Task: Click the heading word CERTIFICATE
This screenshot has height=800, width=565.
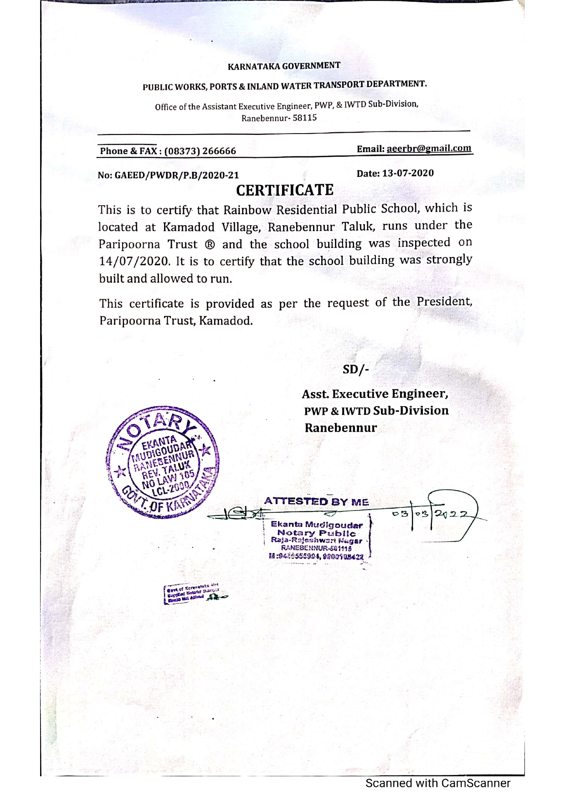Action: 285,190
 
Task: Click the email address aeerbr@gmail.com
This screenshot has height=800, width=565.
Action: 429,148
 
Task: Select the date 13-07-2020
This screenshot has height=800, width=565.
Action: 408,173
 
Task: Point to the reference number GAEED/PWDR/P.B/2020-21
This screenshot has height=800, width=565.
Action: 177,175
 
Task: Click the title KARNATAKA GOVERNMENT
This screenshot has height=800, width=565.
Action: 284,66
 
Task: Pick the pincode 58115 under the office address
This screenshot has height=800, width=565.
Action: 305,118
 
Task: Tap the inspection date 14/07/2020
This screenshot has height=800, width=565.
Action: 134,262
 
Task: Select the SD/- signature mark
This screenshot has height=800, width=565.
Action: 355,369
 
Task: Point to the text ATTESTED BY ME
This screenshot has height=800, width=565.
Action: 317,502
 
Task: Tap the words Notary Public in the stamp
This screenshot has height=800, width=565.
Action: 317,533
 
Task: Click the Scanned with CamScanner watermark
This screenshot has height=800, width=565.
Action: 437,783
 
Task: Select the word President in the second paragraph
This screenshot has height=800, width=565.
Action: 444,302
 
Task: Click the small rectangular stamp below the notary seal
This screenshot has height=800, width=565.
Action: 191,594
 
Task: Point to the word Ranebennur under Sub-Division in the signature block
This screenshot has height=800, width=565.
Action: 341,428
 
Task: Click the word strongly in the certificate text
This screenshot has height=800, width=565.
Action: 449,260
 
